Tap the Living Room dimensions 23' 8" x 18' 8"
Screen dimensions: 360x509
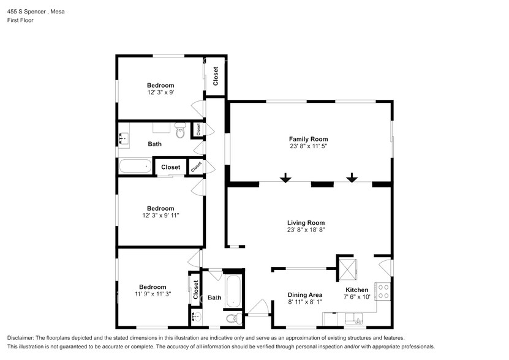(x=306, y=230)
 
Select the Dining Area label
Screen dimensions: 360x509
(x=305, y=294)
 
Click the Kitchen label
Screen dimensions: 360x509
(x=356, y=290)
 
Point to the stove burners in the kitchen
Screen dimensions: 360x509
(x=383, y=291)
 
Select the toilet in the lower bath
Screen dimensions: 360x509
(x=233, y=318)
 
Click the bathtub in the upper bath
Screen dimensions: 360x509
(x=134, y=166)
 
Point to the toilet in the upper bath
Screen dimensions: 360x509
(x=180, y=131)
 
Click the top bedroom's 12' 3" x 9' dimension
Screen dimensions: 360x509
(x=160, y=93)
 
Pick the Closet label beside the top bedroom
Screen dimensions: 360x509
(x=216, y=76)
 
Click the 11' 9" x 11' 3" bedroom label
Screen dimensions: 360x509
(x=153, y=294)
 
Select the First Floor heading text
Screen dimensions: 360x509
(x=20, y=20)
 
